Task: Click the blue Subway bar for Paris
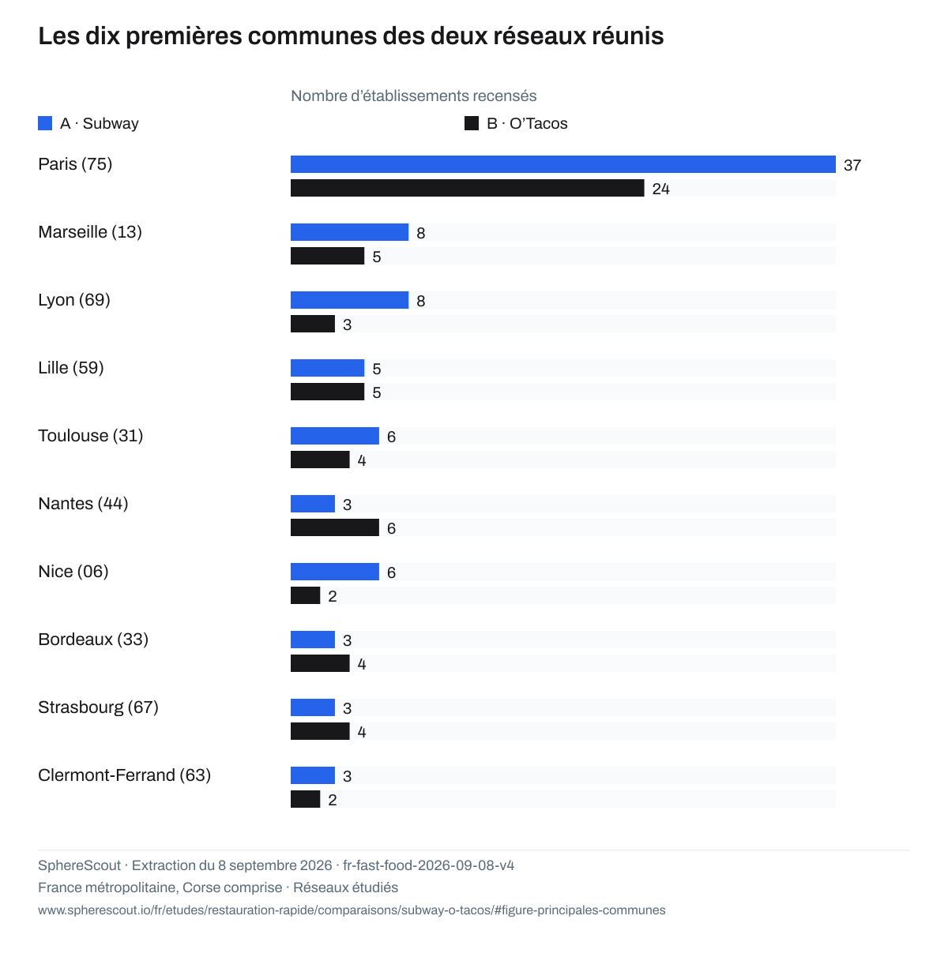tap(562, 164)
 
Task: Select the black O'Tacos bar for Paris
tap(467, 188)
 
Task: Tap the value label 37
tap(852, 165)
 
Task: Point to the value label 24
tap(660, 189)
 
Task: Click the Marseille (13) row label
tap(89, 232)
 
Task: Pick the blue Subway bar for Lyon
tap(349, 300)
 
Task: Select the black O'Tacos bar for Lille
tap(327, 391)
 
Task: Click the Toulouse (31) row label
tap(90, 436)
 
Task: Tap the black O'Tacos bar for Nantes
tap(335, 527)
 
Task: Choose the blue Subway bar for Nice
tap(335, 571)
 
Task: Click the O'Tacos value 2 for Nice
tap(332, 596)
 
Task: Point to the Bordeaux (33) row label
tap(93, 640)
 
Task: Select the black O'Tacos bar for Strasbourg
tap(320, 731)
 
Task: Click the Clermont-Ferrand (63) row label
tap(124, 775)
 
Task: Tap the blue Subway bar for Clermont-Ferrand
tap(312, 775)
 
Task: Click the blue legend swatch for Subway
tap(45, 123)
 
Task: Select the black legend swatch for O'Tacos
tap(472, 123)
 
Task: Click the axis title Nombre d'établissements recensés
tap(413, 96)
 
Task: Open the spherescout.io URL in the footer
tap(352, 910)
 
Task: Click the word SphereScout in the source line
tap(79, 865)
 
